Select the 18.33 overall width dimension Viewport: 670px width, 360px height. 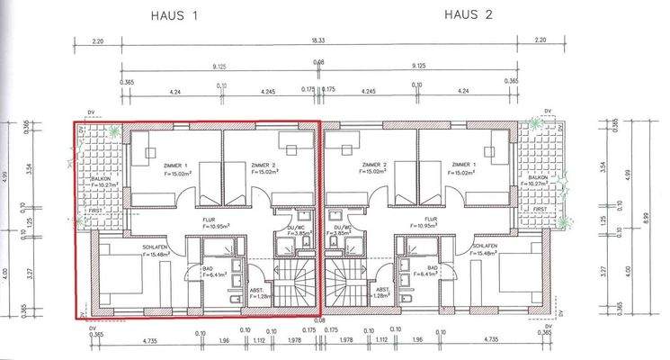coord(320,40)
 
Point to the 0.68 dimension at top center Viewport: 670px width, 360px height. coord(318,62)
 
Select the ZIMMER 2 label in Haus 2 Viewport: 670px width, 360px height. coord(374,166)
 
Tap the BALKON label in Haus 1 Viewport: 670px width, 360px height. coord(100,178)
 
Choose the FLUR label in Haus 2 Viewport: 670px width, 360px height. coord(431,218)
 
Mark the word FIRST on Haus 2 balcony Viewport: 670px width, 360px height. coord(540,209)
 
